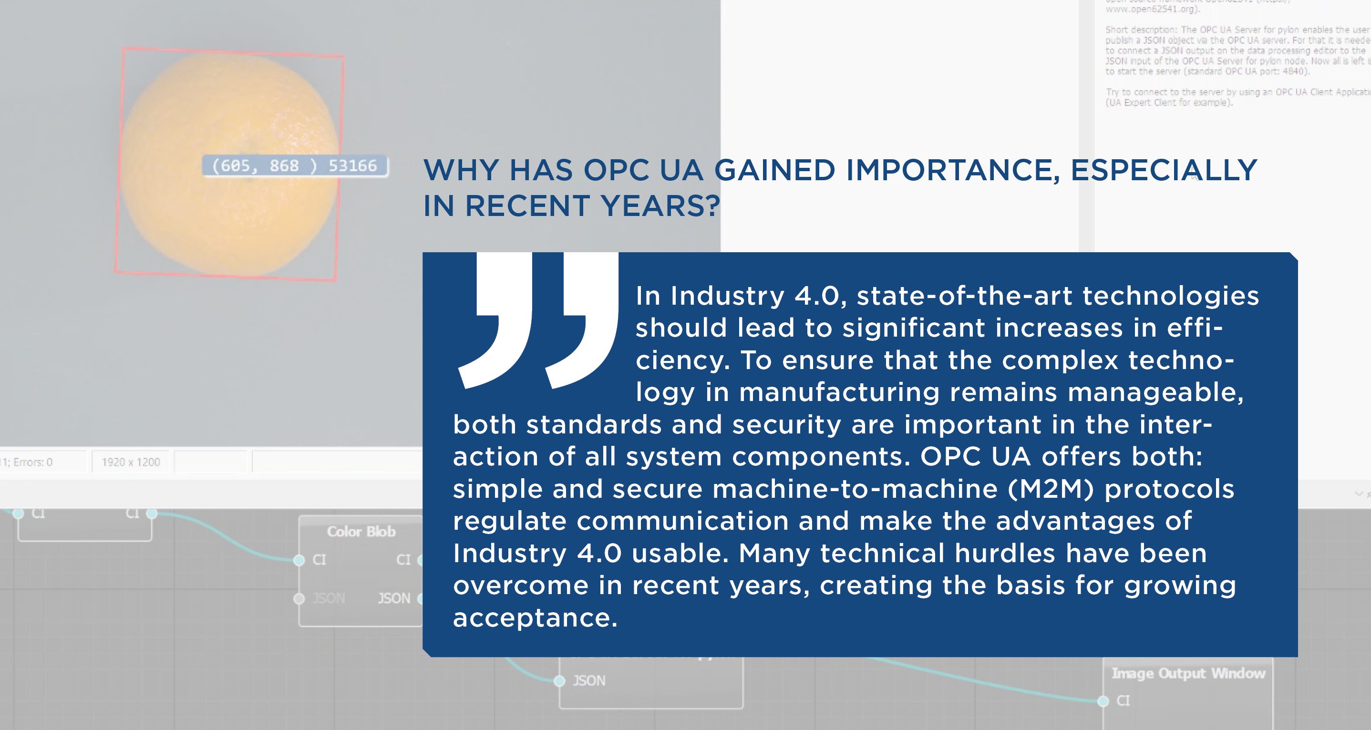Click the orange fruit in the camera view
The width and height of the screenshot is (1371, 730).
pyautogui.click(x=229, y=165)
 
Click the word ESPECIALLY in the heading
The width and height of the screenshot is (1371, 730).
pyautogui.click(x=1164, y=170)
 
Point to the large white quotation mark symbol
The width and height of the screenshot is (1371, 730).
pyautogui.click(x=537, y=319)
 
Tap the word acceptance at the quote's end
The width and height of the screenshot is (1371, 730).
pyautogui.click(x=535, y=618)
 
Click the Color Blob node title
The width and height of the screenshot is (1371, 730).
pyautogui.click(x=361, y=532)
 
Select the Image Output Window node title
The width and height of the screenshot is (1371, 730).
pyautogui.click(x=1188, y=674)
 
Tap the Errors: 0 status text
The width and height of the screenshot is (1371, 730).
pyautogui.click(x=32, y=462)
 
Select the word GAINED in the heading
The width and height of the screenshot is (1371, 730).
pyautogui.click(x=774, y=170)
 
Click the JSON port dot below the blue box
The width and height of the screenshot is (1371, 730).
pyautogui.click(x=559, y=680)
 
